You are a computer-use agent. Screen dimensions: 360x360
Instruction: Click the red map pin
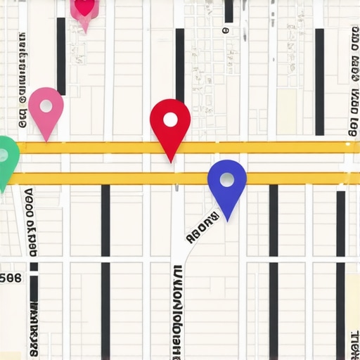pos(170,123)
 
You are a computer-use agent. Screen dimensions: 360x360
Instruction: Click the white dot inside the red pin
pos(170,119)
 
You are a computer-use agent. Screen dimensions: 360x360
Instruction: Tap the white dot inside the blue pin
pos(226,180)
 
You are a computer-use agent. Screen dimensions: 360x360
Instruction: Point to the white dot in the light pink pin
pos(46,106)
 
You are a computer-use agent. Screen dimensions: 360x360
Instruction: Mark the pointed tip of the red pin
pos(171,162)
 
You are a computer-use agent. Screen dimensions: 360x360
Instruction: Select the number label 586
pos(11,278)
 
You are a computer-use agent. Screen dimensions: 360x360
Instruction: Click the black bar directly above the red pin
pos(180,63)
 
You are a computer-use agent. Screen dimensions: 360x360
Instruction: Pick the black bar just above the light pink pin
pos(61,56)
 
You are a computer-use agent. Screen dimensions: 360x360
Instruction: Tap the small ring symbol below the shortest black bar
pos(225,31)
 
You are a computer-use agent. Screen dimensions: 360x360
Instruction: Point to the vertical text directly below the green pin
pos(30,221)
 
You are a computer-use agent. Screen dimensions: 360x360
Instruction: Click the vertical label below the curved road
pos(177,309)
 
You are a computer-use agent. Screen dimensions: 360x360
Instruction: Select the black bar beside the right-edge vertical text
pos(320,81)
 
